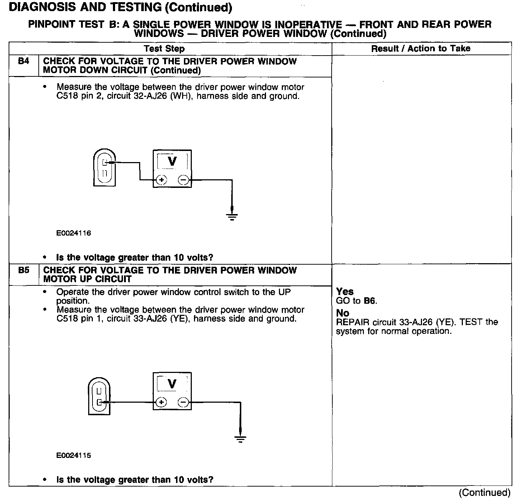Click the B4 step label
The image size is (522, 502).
pyautogui.click(x=23, y=61)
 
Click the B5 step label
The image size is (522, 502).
pyautogui.click(x=23, y=270)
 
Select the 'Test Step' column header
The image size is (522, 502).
pyautogui.click(x=164, y=49)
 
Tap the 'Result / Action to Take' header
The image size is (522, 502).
pyautogui.click(x=421, y=48)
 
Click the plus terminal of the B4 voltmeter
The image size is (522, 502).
pyautogui.click(x=161, y=180)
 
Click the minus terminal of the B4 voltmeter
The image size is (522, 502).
pyautogui.click(x=183, y=180)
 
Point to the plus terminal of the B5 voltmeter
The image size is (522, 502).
pyautogui.click(x=161, y=402)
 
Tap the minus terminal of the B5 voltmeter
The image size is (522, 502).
pyautogui.click(x=183, y=402)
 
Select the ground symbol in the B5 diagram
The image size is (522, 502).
pyautogui.click(x=240, y=438)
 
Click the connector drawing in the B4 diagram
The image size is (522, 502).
pyautogui.click(x=104, y=167)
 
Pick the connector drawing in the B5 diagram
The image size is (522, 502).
pyautogui.click(x=99, y=396)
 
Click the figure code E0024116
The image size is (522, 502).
pyautogui.click(x=73, y=233)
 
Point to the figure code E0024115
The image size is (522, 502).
pyautogui.click(x=73, y=455)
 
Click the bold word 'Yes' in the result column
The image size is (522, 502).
pyautogui.click(x=345, y=292)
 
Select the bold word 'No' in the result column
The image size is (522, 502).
pyautogui.click(x=342, y=313)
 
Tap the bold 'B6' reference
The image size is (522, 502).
pyautogui.click(x=370, y=301)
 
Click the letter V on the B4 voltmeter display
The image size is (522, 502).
pyautogui.click(x=172, y=161)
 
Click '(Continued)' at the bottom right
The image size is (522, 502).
pyautogui.click(x=484, y=493)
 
